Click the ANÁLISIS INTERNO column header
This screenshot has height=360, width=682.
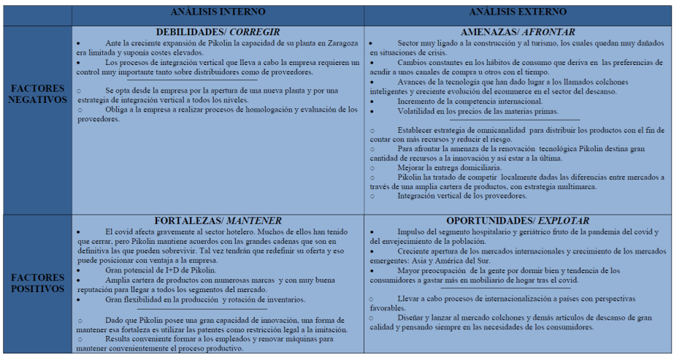pos(218,12)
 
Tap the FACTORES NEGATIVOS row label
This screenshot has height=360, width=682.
pos(37,93)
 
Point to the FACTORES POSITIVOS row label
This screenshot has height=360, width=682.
pos(37,283)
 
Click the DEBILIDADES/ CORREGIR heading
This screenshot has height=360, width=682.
pos(218,32)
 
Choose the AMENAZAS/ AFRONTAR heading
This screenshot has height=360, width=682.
pos(518,32)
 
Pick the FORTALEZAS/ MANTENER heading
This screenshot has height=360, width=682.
pos(218,221)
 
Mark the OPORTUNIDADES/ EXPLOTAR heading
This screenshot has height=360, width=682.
pos(518,221)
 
